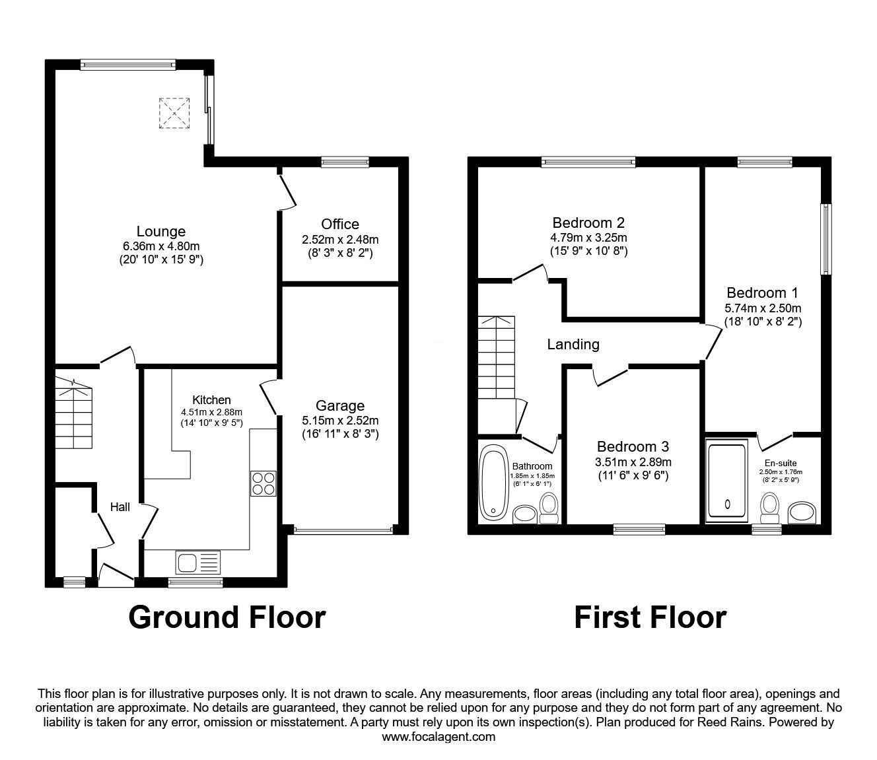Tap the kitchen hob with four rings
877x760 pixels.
[x=263, y=483]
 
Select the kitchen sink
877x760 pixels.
[x=197, y=563]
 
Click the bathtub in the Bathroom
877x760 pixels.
[x=491, y=482]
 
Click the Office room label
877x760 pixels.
[x=340, y=225]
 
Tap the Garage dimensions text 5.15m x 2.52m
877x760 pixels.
[x=340, y=420]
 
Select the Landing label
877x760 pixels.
[x=573, y=344]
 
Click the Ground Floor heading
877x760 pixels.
[x=227, y=617]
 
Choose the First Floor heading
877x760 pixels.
[x=650, y=617]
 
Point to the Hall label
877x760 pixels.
[x=120, y=507]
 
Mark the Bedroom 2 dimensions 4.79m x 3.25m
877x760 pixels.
[x=588, y=237]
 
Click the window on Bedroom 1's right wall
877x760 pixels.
[x=825, y=239]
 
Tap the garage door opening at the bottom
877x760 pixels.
[x=343, y=529]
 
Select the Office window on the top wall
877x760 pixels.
[x=345, y=161]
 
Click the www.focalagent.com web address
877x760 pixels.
[x=438, y=737]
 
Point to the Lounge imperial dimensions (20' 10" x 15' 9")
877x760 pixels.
[x=160, y=259]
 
